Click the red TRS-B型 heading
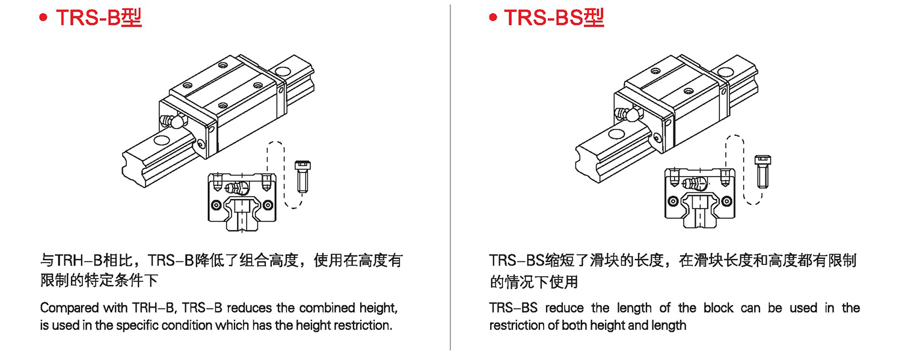(99, 17)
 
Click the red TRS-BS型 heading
(554, 17)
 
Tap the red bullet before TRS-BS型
(493, 19)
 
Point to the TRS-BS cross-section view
(699, 198)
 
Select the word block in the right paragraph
(718, 308)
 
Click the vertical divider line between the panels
(450, 180)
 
